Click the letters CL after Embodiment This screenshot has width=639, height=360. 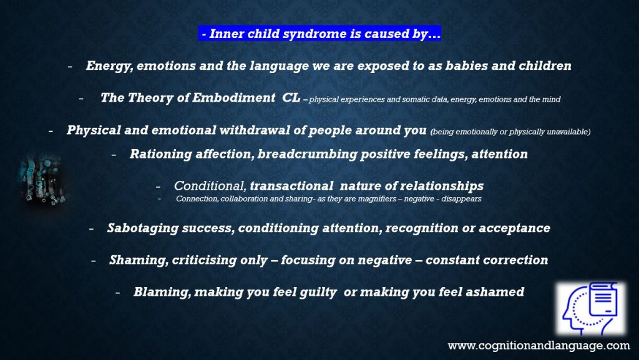click(291, 98)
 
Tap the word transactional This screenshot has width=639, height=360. click(291, 186)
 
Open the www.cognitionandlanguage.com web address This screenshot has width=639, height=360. click(539, 346)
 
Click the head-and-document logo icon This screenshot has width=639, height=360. click(590, 309)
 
